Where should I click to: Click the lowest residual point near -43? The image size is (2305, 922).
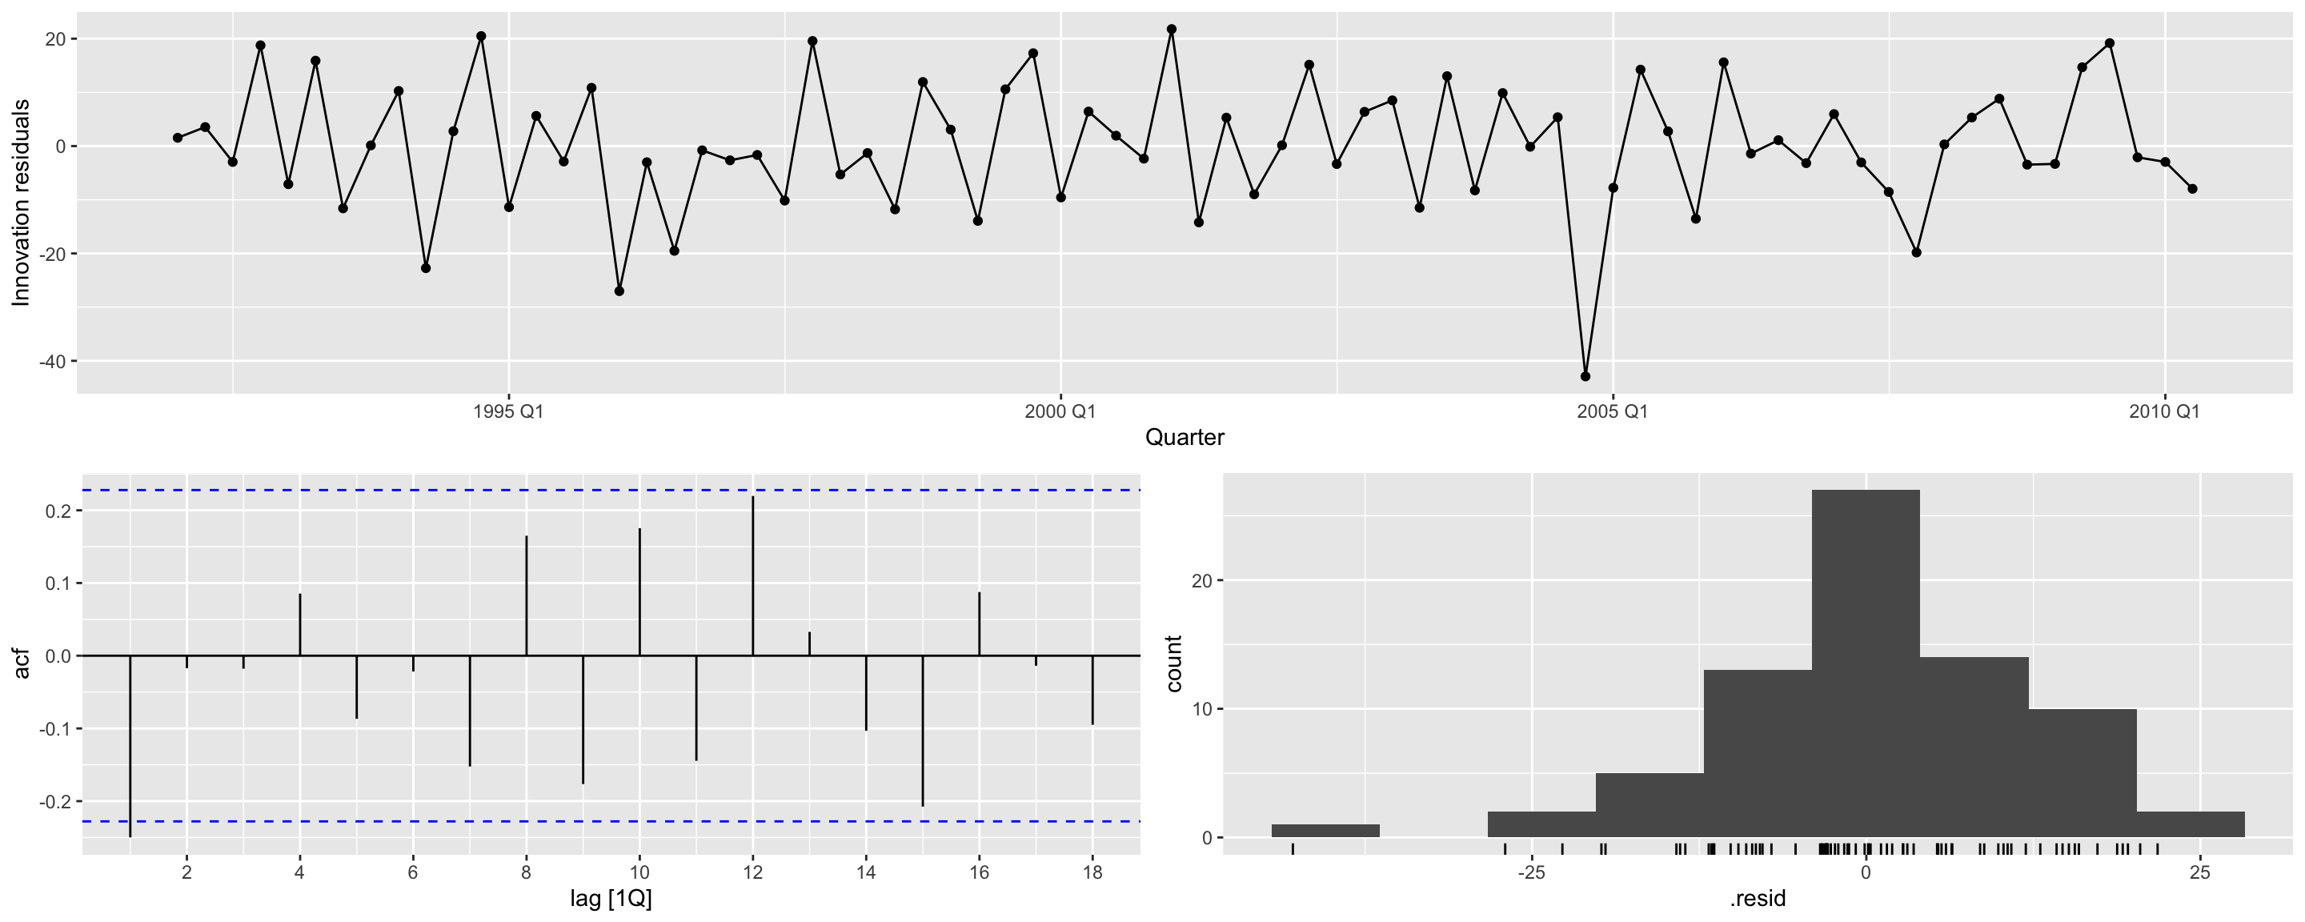(x=1585, y=376)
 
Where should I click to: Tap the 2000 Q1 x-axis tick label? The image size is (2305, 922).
(x=1060, y=411)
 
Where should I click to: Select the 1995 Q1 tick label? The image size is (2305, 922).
(x=507, y=411)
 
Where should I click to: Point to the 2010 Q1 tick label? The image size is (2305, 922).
(x=2163, y=411)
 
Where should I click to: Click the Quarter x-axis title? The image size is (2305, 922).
(x=1184, y=438)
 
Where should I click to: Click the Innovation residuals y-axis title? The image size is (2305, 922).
(x=22, y=202)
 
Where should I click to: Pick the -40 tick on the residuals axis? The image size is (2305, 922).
(x=51, y=362)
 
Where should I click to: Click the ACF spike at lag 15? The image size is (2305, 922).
(x=923, y=731)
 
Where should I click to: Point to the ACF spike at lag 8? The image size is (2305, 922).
(x=526, y=595)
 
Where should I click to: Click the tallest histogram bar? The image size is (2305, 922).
(x=1866, y=663)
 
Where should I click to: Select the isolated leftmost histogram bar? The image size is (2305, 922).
(x=1325, y=831)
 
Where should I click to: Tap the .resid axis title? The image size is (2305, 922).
(x=1758, y=899)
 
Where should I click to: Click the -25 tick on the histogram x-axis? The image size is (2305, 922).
(x=1531, y=872)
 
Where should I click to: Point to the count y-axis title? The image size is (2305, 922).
(x=1174, y=663)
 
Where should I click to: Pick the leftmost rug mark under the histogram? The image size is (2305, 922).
(x=1292, y=849)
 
